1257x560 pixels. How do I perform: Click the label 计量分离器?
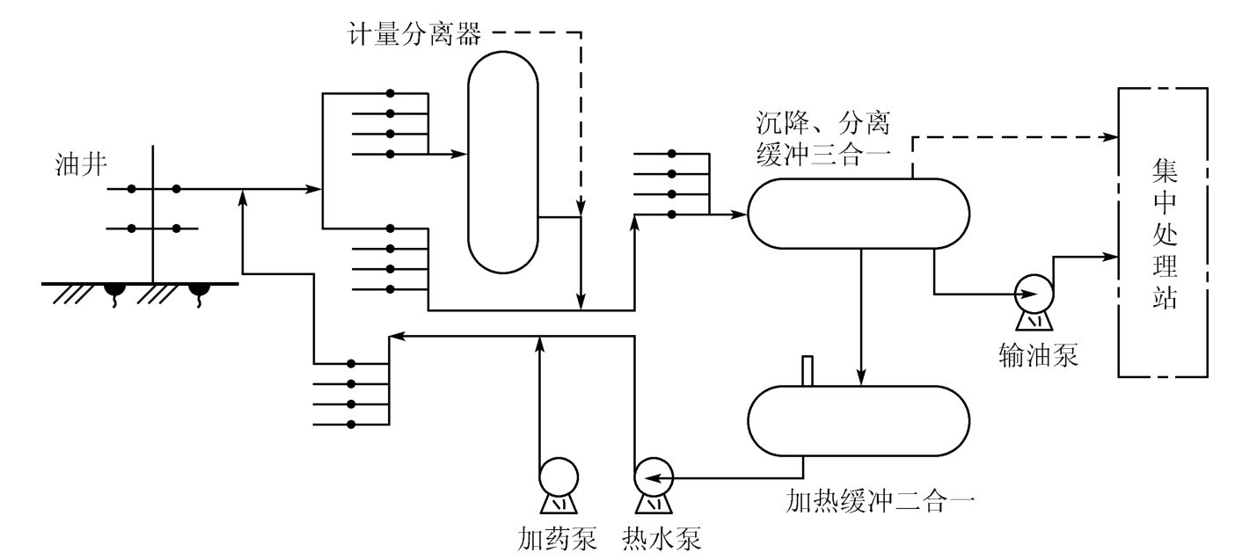click(x=414, y=35)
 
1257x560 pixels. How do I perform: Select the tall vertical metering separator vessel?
click(x=502, y=160)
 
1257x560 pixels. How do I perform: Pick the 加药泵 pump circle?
click(x=559, y=477)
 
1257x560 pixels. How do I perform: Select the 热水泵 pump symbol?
click(x=652, y=477)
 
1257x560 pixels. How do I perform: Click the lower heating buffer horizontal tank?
click(x=859, y=421)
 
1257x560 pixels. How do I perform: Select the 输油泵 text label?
click(x=1038, y=355)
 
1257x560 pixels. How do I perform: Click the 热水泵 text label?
click(x=662, y=536)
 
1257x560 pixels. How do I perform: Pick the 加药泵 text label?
click(x=558, y=536)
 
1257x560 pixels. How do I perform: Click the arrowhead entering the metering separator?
click(x=459, y=154)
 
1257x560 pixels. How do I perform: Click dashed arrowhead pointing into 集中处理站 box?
click(x=1112, y=137)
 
